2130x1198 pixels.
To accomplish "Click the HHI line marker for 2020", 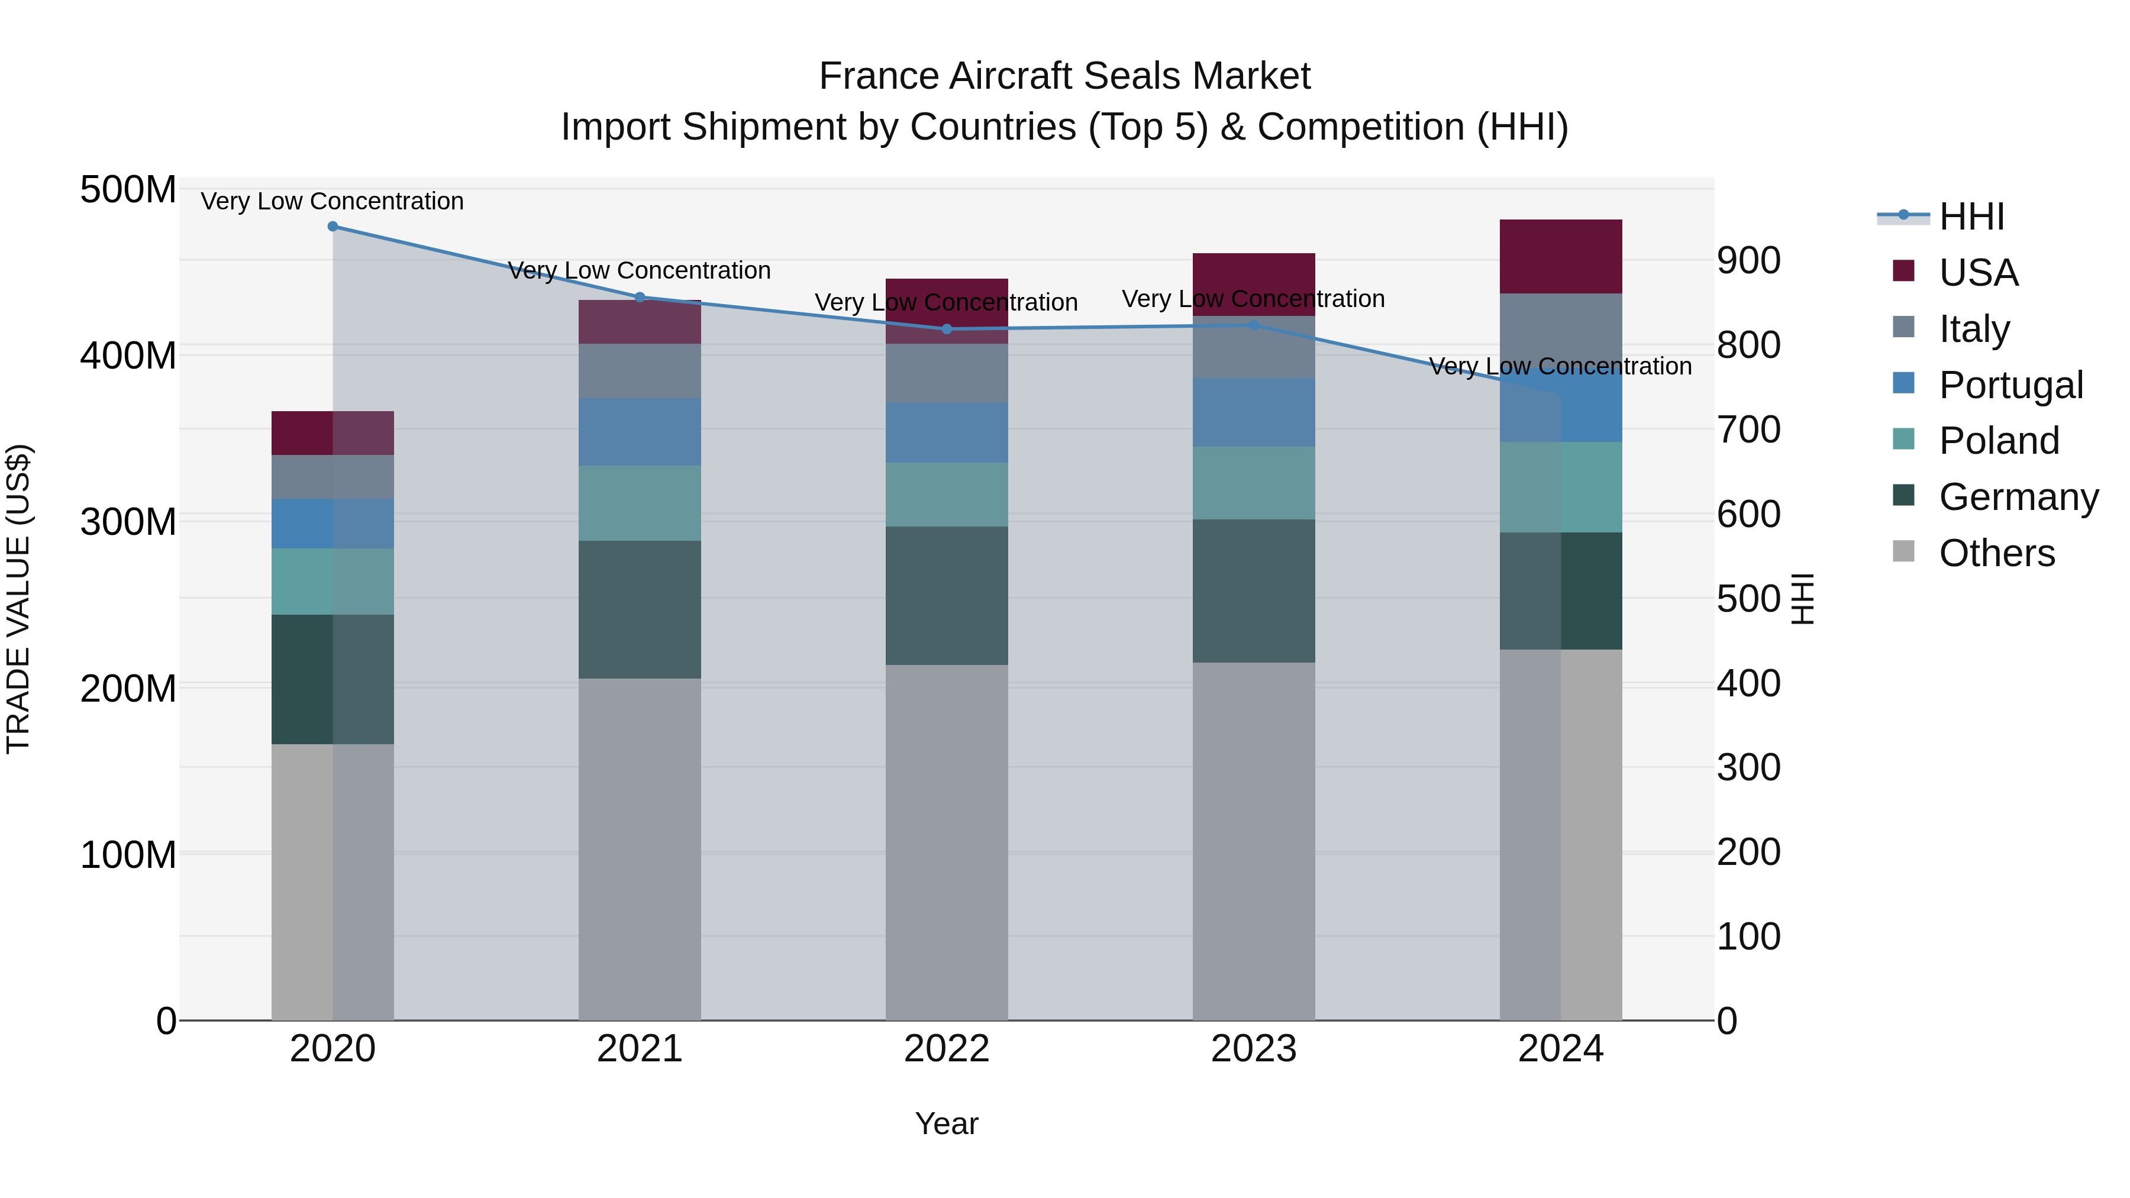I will tap(333, 227).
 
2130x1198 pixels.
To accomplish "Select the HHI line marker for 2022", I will tap(947, 329).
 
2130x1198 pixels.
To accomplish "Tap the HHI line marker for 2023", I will tap(1254, 326).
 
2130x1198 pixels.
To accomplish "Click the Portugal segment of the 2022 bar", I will tap(947, 432).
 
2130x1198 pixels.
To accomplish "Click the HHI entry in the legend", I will tap(1971, 217).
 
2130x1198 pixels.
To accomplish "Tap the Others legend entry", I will tap(1996, 553).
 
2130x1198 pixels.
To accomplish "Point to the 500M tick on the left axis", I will tap(128, 190).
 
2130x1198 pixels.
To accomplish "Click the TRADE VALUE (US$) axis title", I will tap(19, 599).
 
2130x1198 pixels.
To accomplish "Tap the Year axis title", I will tap(946, 1125).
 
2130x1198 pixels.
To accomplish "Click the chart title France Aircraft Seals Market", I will tap(1064, 76).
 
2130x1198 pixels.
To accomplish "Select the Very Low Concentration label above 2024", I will tap(1560, 366).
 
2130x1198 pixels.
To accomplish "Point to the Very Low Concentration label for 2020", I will tap(333, 201).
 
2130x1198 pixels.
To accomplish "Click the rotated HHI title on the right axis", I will tap(1803, 599).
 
